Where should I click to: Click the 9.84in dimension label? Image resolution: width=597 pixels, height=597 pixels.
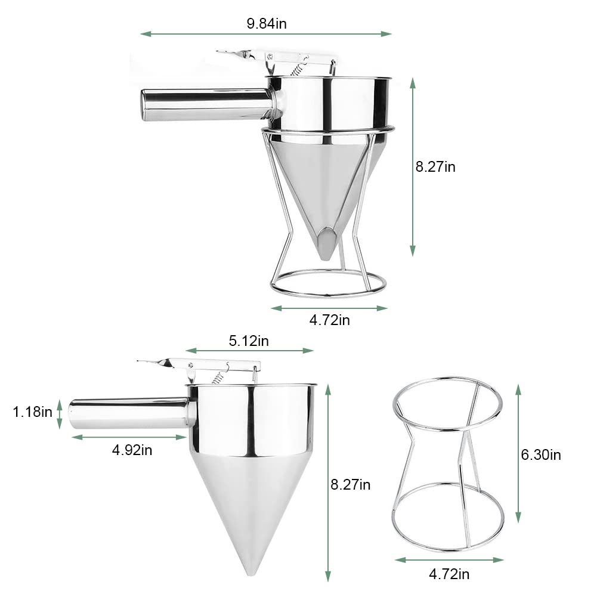(x=267, y=24)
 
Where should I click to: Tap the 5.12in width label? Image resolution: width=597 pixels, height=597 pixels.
(x=249, y=341)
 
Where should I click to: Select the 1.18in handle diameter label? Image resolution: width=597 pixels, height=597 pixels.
(x=32, y=412)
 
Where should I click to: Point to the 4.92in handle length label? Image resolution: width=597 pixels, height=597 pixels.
(x=132, y=450)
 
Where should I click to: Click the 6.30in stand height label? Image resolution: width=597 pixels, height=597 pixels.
(x=541, y=454)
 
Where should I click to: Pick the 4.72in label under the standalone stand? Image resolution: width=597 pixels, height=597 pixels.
(x=449, y=574)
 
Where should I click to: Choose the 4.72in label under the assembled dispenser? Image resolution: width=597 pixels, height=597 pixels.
(x=329, y=320)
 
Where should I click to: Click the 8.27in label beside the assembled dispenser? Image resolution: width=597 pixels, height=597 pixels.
(x=435, y=167)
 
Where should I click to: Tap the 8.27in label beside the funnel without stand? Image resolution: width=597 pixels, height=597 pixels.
(x=350, y=485)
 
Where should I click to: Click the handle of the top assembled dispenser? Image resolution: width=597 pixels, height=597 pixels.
(x=206, y=105)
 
